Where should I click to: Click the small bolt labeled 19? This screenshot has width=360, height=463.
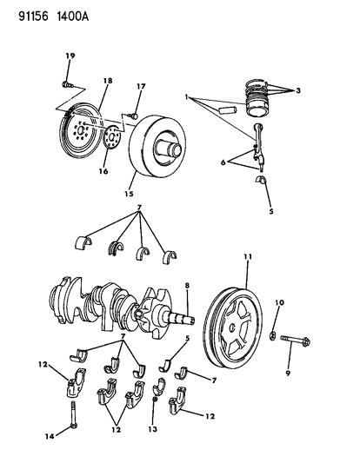pos(67,84)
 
